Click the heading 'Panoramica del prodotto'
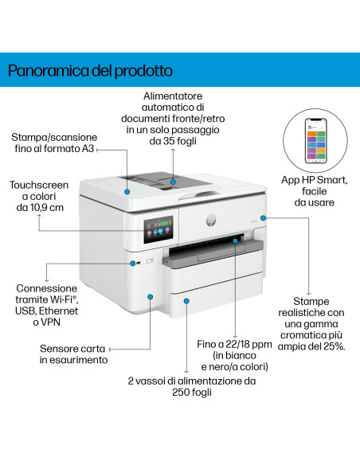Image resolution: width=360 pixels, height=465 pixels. [x=90, y=71]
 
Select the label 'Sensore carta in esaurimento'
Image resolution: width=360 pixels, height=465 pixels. [x=74, y=354]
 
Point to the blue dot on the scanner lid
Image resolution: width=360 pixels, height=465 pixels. [x=127, y=192]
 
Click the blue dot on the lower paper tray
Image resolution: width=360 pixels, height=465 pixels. [x=186, y=301]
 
